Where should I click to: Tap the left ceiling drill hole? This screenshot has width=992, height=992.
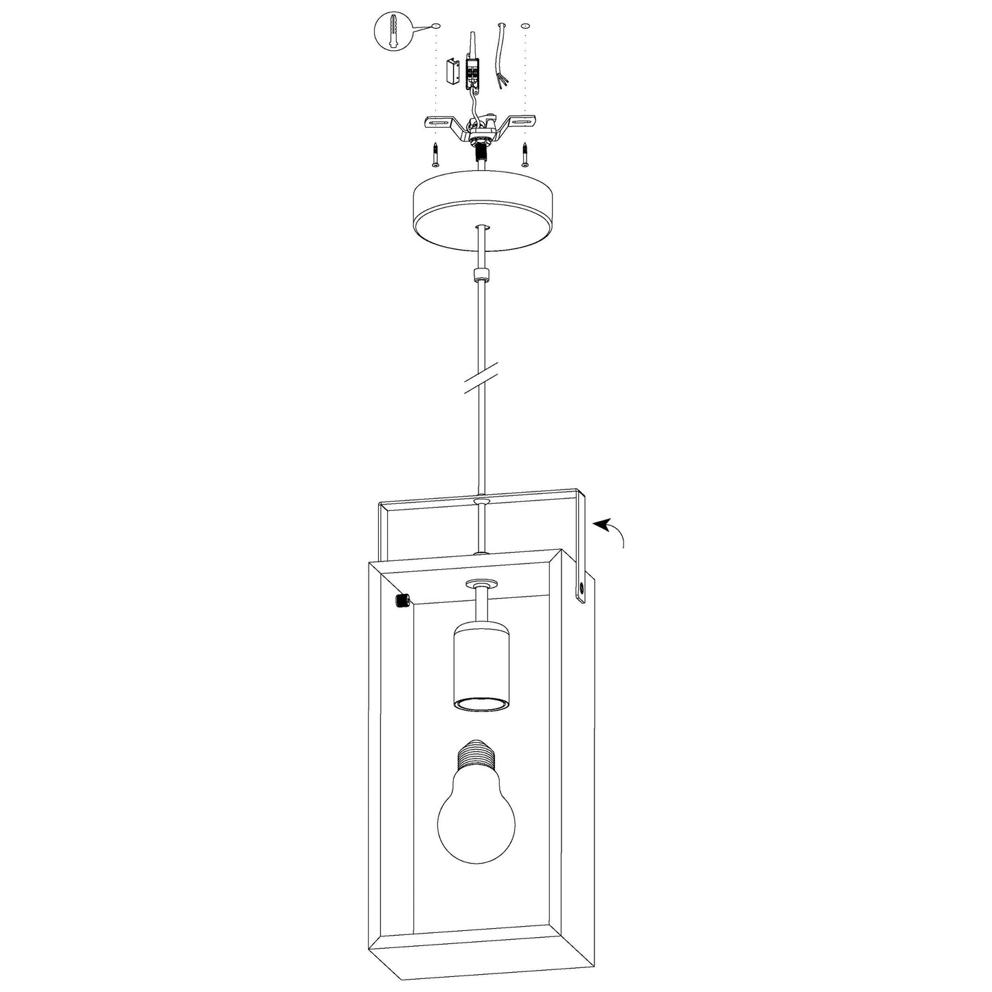coord(437,26)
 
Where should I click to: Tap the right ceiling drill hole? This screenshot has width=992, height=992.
coord(526,26)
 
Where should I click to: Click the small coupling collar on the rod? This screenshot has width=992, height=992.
coord(481,276)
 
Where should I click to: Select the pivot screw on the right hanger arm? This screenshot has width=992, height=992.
coord(581,588)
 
